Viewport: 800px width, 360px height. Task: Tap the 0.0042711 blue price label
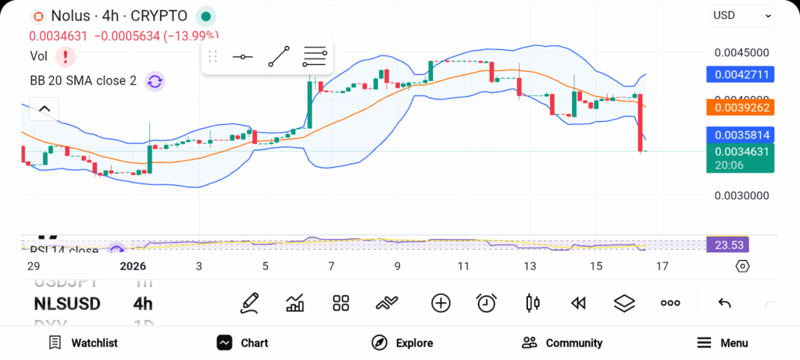point(740,75)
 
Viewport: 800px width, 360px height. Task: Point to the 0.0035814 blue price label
point(740,134)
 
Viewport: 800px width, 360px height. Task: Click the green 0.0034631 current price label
point(740,151)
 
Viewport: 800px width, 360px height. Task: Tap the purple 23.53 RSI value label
point(727,245)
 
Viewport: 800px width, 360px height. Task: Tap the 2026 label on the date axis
point(133,266)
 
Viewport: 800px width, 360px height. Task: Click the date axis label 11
point(463,266)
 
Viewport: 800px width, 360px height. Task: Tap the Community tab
point(562,343)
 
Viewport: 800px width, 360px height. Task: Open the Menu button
point(723,343)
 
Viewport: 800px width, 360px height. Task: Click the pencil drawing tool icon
point(250,303)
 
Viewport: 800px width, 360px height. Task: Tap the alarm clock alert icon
point(487,303)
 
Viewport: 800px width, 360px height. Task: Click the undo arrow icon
point(724,303)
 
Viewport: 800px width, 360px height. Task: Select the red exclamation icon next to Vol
point(66,56)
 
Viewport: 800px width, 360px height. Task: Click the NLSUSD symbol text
point(67,304)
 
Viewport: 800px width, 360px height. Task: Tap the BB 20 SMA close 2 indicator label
point(83,80)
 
